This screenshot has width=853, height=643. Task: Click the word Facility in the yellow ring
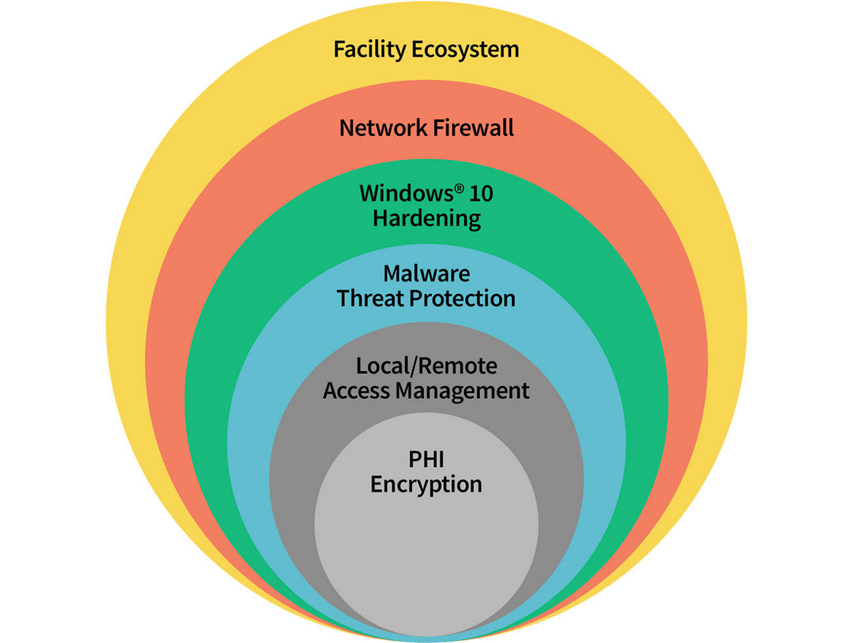point(369,49)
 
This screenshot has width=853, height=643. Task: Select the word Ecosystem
point(464,50)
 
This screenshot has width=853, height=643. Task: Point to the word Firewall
point(473,127)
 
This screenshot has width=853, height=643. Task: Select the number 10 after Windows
point(481,193)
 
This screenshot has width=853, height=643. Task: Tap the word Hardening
point(426,219)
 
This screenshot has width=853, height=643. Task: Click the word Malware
point(426,273)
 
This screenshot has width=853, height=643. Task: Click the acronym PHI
point(426,459)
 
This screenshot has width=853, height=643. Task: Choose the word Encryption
point(426,484)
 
